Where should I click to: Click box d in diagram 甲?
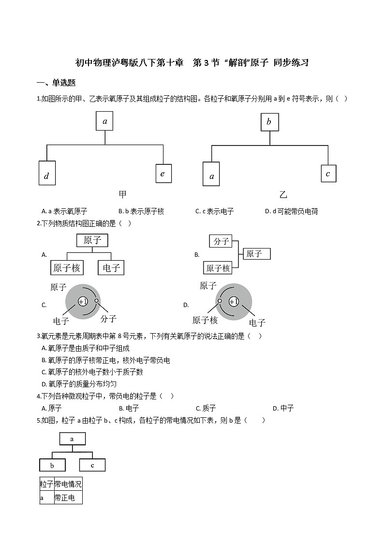(47, 173)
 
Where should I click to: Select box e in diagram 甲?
(163, 173)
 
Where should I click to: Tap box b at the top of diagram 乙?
(269, 122)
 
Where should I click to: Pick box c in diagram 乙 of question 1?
(328, 173)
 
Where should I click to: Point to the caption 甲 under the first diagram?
(122, 194)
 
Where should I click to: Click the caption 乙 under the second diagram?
(283, 194)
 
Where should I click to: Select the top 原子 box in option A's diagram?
(92, 240)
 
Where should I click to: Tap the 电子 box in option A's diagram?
(111, 267)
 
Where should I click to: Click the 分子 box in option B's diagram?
(221, 241)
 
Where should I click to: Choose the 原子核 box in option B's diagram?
(218, 267)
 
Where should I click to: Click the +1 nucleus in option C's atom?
(83, 301)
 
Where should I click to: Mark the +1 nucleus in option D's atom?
(234, 301)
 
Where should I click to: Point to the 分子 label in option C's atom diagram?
(108, 319)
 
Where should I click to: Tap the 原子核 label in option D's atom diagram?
(205, 320)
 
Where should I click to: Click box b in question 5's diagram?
(52, 465)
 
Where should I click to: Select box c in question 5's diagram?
(92, 465)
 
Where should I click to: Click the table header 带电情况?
(68, 484)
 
